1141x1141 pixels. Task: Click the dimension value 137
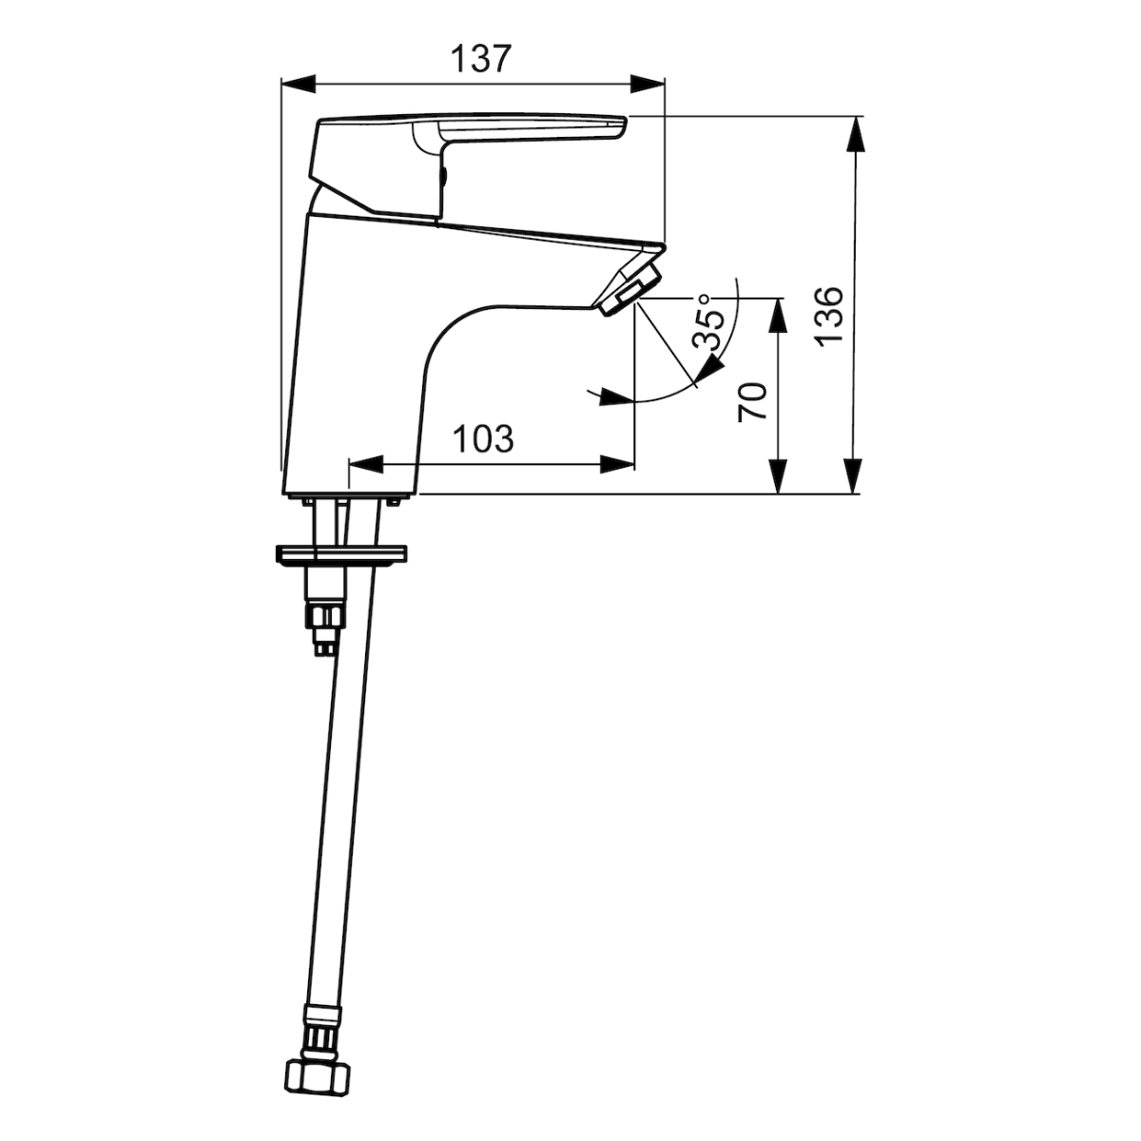point(480,59)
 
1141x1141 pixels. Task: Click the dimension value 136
point(828,316)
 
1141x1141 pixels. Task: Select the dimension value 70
point(752,402)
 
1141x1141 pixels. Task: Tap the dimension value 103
point(483,438)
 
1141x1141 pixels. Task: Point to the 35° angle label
point(709,321)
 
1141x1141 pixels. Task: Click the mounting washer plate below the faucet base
point(341,553)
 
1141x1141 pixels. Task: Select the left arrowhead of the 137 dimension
point(299,84)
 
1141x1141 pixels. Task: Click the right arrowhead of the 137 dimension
point(648,84)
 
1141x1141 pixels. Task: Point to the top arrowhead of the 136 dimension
point(856,134)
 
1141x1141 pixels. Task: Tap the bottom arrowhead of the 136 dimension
point(856,475)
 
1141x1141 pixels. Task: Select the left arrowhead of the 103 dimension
point(366,465)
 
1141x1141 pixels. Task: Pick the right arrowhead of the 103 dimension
point(618,465)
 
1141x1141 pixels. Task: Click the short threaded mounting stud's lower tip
point(323,648)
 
